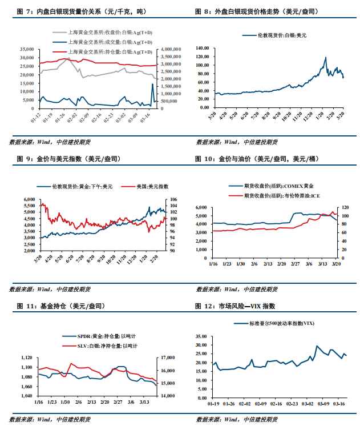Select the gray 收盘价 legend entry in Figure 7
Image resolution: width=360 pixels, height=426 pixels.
(109, 33)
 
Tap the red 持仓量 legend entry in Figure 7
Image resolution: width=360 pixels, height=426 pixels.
(109, 51)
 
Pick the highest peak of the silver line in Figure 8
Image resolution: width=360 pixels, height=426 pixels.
(325, 58)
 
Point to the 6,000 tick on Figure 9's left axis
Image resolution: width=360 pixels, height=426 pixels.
(30, 199)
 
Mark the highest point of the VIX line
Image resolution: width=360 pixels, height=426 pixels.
(317, 346)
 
